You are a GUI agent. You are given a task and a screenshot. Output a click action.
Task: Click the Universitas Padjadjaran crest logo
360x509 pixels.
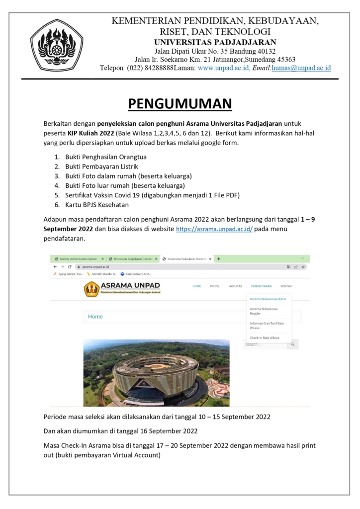57,45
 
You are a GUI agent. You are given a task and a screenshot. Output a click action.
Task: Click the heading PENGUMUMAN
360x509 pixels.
180,103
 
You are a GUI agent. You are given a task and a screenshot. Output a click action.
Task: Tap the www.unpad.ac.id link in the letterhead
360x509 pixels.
223,68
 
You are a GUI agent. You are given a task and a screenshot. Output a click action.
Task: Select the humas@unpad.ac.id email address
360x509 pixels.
301,68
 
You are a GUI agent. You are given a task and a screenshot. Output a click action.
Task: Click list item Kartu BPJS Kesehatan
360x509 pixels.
96,204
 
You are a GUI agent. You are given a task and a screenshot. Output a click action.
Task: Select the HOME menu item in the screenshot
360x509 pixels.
197,286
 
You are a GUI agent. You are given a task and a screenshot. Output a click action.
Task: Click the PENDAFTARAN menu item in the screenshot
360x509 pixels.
262,286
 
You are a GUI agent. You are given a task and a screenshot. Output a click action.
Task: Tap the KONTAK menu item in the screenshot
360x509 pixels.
286,286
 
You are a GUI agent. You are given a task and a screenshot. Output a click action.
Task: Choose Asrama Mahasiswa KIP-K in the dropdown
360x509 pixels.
268,299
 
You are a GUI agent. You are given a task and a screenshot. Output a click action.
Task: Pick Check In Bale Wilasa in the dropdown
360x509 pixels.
264,338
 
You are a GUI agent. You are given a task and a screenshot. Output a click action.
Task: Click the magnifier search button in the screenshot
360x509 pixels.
293,344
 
